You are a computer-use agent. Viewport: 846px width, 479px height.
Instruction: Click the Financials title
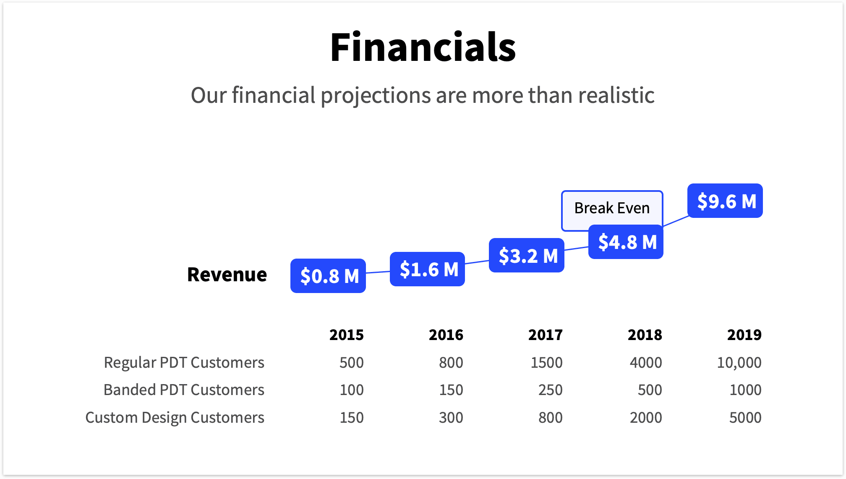423,47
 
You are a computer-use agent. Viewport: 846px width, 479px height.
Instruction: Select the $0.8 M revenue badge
328,276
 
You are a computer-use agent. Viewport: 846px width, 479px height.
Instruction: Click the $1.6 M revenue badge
427,269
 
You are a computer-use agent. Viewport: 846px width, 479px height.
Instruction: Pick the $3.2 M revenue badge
526,255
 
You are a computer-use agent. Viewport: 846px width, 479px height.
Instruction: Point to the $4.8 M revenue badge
626,242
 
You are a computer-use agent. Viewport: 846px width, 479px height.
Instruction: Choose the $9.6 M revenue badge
725,201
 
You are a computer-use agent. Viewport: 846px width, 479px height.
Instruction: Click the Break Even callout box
611,208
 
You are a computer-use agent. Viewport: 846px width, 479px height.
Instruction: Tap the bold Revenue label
227,275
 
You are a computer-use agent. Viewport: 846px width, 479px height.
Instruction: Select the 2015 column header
346,335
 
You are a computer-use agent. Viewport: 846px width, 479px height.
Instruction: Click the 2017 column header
545,335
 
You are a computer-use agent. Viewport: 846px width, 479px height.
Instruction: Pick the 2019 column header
744,335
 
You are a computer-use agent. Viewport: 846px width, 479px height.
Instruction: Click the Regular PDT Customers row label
184,362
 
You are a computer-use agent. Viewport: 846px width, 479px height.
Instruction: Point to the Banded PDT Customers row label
184,390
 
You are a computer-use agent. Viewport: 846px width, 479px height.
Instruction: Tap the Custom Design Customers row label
175,418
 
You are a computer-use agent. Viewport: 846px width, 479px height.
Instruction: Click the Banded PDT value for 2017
550,390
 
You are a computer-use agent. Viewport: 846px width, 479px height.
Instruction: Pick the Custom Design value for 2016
451,418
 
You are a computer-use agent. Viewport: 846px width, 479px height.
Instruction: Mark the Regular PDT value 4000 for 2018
645,362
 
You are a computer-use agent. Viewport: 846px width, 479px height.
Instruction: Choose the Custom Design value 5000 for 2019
745,418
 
